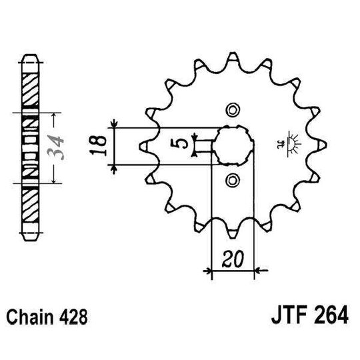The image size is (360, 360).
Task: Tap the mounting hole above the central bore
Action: [231, 109]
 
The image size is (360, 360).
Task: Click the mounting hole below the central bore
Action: [231, 178]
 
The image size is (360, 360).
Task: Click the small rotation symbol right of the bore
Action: [291, 143]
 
